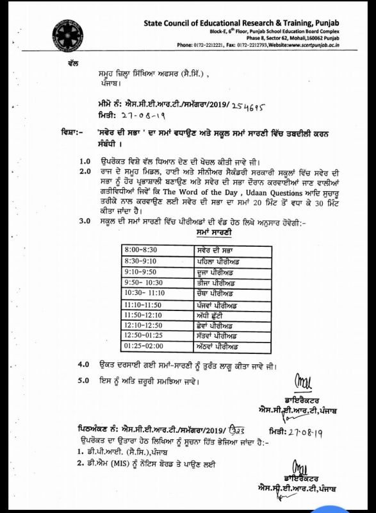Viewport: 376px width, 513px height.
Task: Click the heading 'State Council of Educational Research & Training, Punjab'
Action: tap(241, 24)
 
